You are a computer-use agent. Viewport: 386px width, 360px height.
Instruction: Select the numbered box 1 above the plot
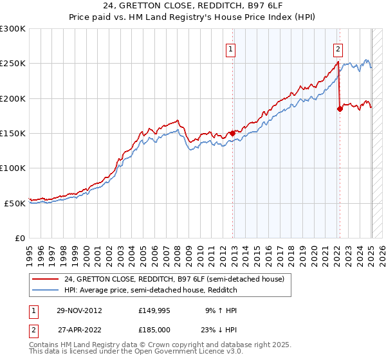point(230,48)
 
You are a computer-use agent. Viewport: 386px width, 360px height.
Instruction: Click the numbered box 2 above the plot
point(338,48)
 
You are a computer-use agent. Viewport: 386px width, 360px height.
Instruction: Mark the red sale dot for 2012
point(233,134)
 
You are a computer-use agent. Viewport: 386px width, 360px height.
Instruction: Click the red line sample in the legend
point(46,279)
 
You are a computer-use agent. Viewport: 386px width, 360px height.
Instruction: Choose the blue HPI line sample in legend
point(46,290)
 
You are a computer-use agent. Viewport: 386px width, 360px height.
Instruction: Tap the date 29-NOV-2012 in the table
point(79,310)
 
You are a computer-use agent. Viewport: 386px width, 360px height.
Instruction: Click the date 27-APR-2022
point(79,329)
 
